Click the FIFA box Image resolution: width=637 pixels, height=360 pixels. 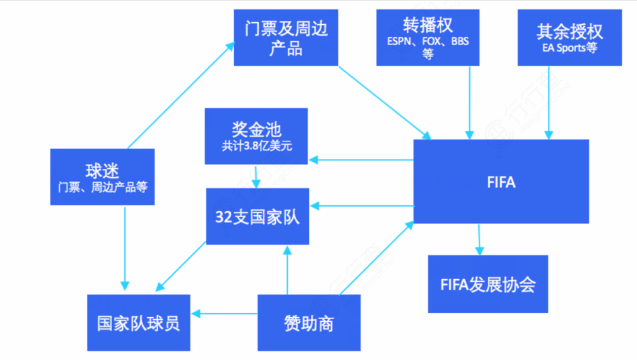[501, 182]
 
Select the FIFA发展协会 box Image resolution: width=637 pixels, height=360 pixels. [488, 284]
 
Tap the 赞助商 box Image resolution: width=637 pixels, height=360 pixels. [308, 323]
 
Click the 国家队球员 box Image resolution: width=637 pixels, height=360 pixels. [139, 323]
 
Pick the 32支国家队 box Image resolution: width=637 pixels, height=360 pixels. [257, 217]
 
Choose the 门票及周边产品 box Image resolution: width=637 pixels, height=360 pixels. [286, 38]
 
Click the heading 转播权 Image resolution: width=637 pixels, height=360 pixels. [428, 25]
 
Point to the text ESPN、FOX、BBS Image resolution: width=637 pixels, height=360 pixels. [428, 42]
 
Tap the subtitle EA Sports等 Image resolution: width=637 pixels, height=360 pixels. [569, 48]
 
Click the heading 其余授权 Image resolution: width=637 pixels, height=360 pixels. [569, 31]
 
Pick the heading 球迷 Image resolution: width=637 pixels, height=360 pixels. [103, 169]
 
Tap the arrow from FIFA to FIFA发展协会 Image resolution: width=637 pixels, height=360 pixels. [479, 239]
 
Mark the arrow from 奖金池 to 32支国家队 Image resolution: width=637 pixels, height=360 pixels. [255, 176]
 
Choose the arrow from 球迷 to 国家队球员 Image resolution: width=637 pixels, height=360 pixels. [124, 248]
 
